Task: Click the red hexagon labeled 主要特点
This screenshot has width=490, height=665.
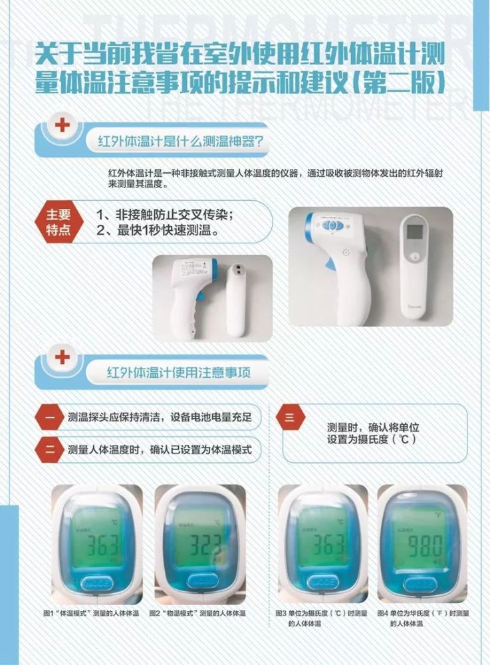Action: click(57, 222)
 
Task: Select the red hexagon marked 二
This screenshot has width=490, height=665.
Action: click(50, 450)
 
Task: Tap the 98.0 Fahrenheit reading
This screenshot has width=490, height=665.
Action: click(418, 547)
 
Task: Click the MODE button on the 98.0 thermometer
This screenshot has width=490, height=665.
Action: click(418, 583)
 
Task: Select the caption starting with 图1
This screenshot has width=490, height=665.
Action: click(91, 612)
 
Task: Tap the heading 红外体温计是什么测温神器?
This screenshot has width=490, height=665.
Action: click(179, 142)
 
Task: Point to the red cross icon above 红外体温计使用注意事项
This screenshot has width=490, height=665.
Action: click(62, 357)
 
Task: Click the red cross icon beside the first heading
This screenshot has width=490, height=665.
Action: click(62, 125)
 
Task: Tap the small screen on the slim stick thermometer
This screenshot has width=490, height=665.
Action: click(415, 232)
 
